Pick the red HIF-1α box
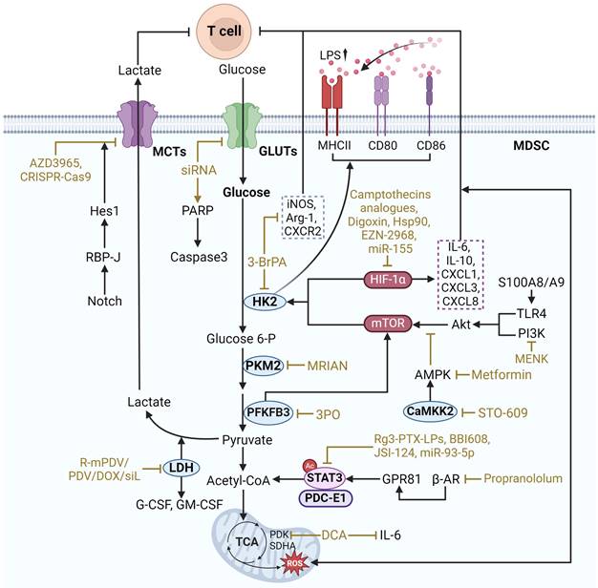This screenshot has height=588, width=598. pyautogui.click(x=387, y=280)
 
